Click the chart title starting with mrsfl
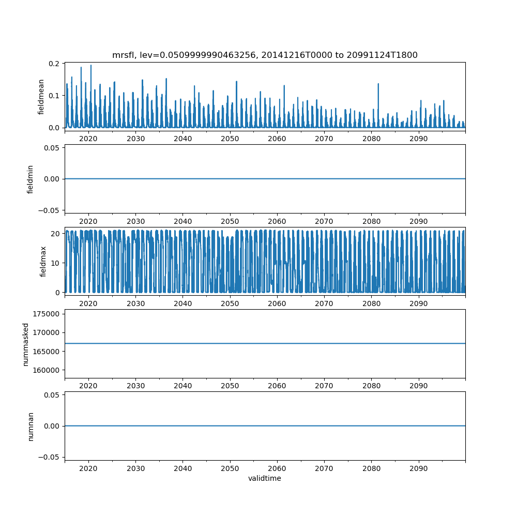point(265,55)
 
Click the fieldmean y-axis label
point(41,97)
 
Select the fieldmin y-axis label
point(31,179)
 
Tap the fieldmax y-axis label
point(43,261)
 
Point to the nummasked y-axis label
point(25,343)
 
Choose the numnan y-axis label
point(31,426)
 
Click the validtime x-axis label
point(265,478)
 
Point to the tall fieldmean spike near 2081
point(378,84)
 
